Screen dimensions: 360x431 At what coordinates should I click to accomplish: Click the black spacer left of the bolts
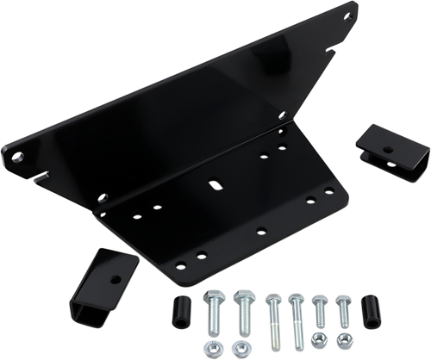(x=184, y=307)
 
